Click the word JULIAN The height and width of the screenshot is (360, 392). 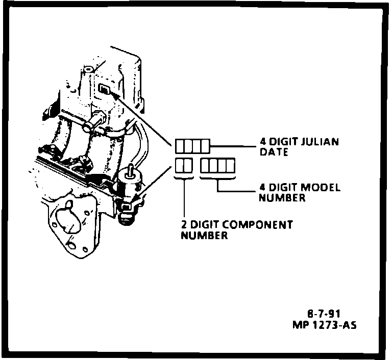tap(320, 142)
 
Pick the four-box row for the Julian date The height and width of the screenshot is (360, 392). tap(192, 146)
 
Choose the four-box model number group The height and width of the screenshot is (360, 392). tap(217, 166)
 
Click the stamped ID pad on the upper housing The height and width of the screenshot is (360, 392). tap(104, 90)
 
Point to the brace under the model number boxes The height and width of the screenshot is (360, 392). tap(217, 178)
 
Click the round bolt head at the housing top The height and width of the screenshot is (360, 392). tap(87, 68)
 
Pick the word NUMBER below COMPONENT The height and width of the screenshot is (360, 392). tap(204, 236)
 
